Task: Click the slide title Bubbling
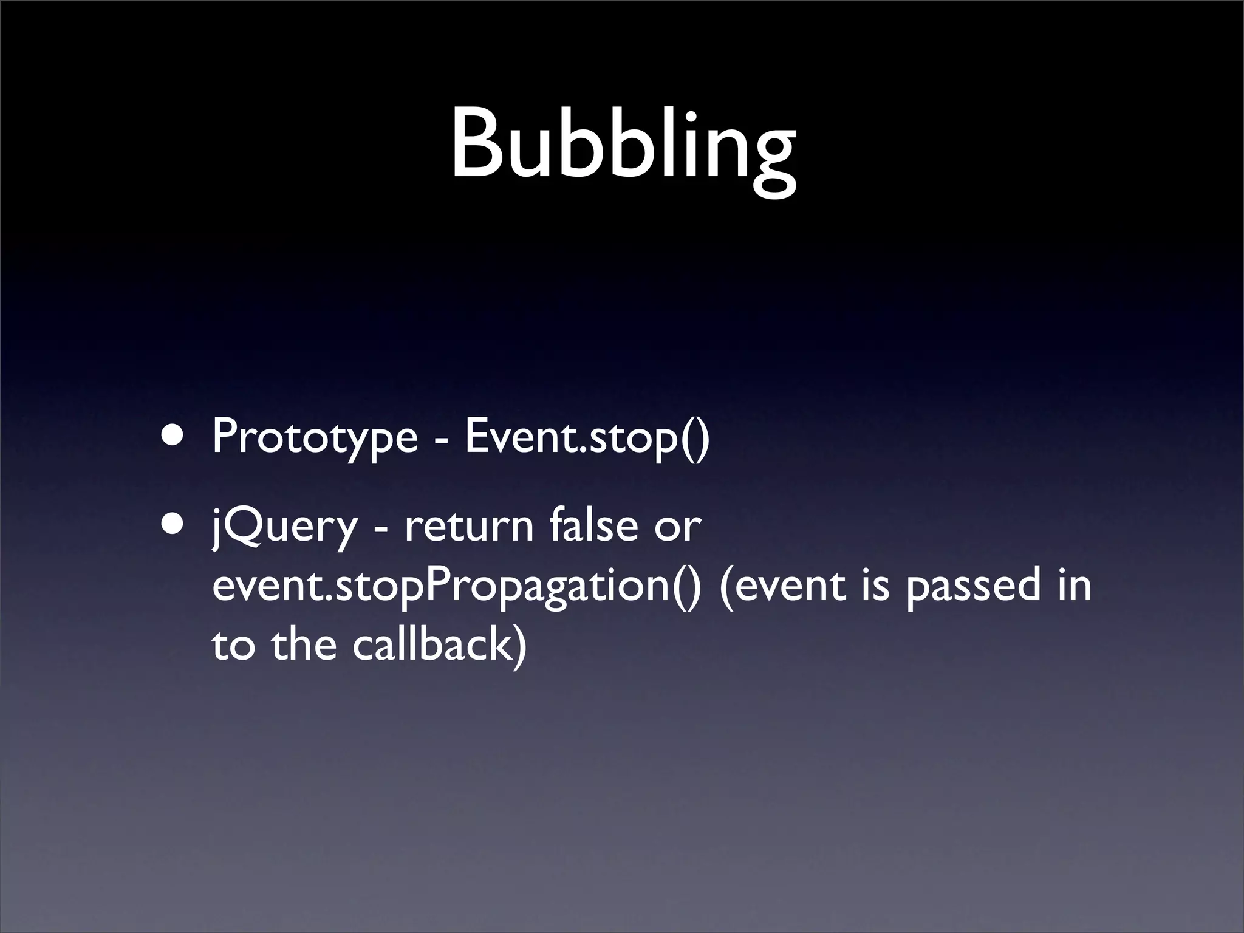[623, 146]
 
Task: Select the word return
[468, 526]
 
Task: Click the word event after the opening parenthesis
[790, 587]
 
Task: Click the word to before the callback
[233, 646]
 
